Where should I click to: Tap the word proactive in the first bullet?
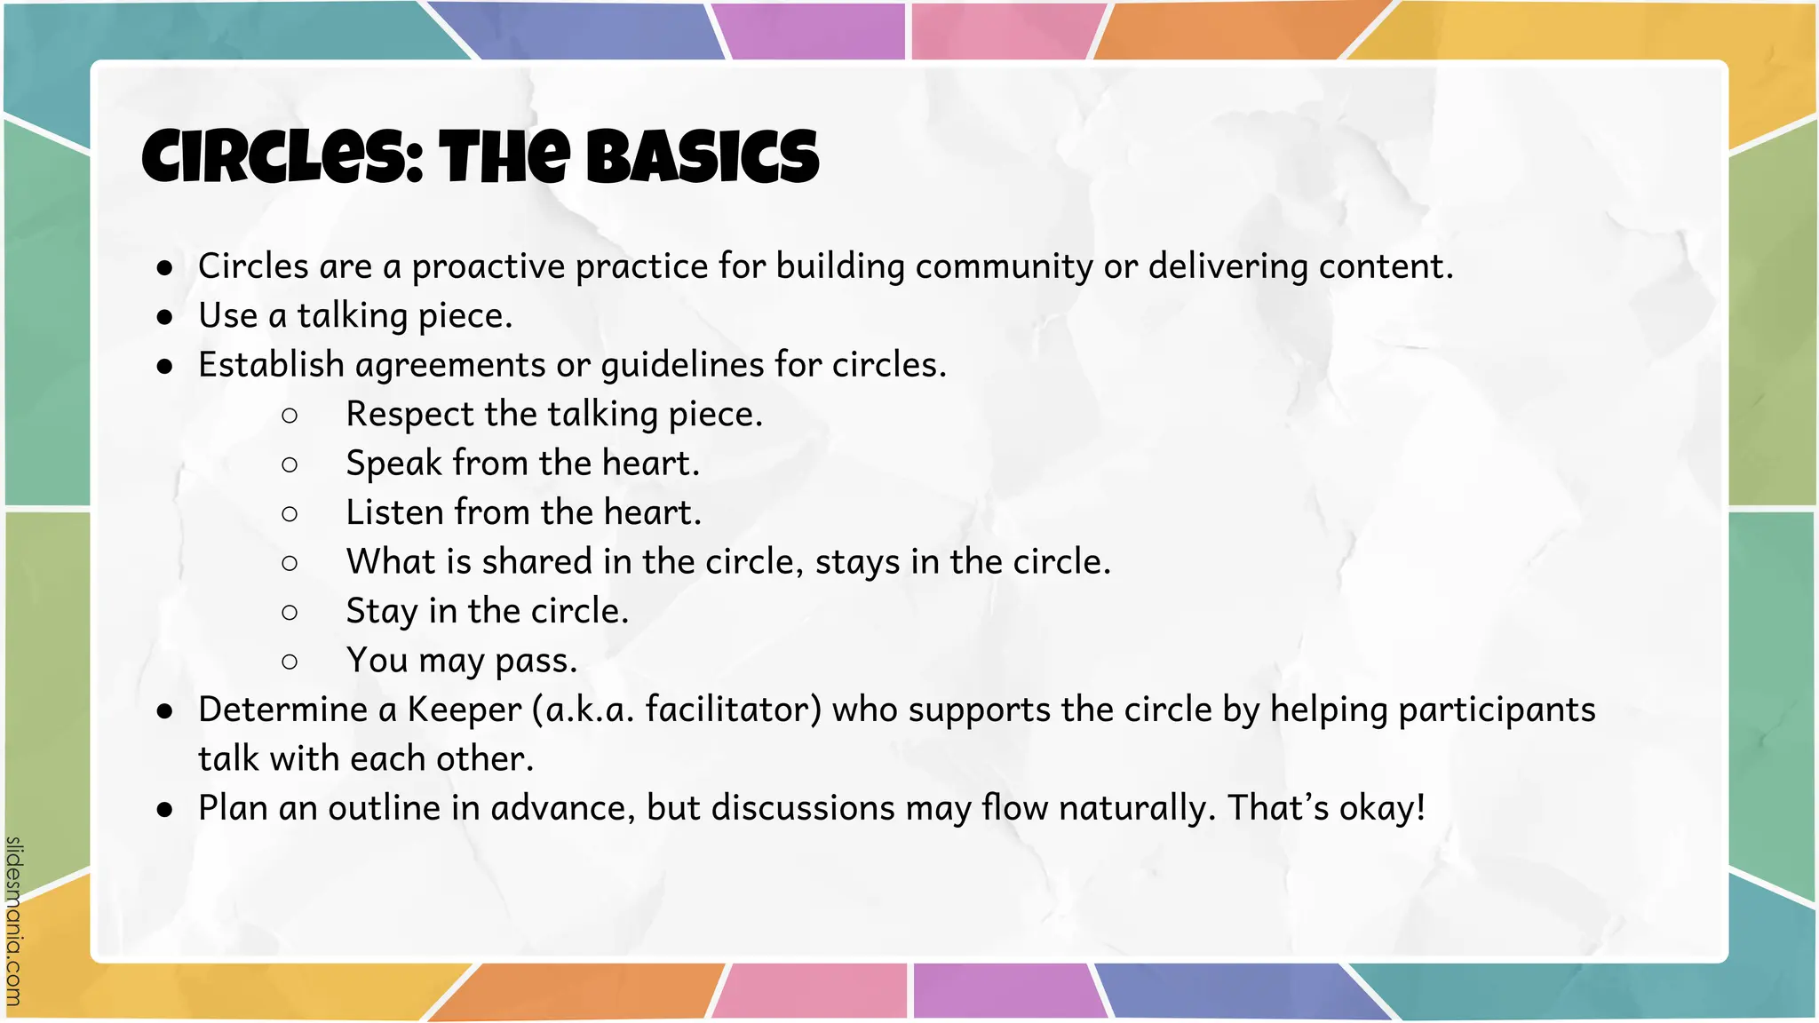point(489,266)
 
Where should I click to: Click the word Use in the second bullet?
point(228,315)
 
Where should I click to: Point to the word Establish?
point(271,365)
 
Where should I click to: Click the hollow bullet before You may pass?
point(290,661)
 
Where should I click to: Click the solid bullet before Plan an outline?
point(164,809)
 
